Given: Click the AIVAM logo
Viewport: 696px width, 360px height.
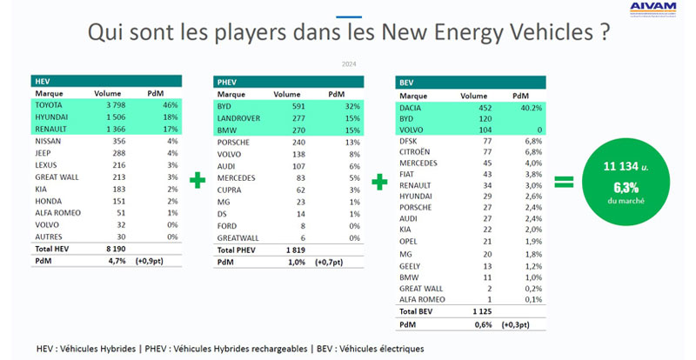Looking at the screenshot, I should (x=654, y=10).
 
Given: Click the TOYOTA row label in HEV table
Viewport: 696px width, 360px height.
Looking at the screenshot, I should (x=51, y=104).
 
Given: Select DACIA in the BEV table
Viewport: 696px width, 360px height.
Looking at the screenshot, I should (x=413, y=109).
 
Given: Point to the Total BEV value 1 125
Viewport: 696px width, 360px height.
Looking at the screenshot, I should (x=472, y=310).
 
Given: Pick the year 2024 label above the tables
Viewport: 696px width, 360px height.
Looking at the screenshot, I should (x=348, y=63).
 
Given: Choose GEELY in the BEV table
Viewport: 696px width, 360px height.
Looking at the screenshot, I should (x=412, y=265).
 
